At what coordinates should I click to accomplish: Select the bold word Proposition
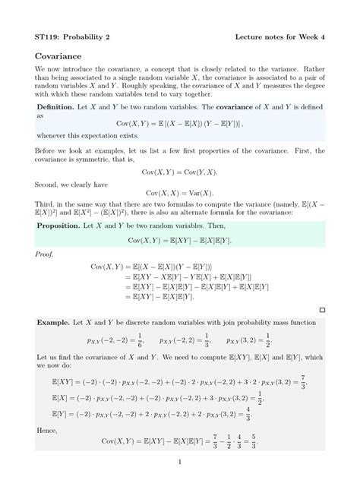(x=60, y=226)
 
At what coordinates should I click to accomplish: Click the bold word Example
(x=54, y=323)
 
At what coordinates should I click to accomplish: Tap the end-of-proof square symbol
(x=322, y=310)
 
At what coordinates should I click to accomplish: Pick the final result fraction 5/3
(x=253, y=441)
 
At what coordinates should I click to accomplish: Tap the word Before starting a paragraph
(x=49, y=151)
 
